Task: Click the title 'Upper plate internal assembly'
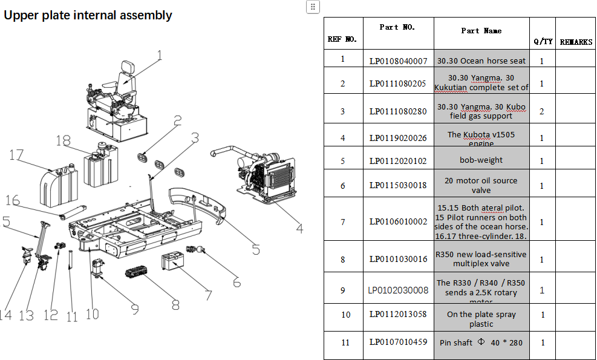pos(88,15)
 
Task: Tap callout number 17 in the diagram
pos(16,155)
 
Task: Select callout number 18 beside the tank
pos(63,140)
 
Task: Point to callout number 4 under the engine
pos(299,228)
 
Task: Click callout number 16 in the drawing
pos(12,200)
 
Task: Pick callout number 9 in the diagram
pos(134,309)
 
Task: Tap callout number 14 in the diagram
pos(5,315)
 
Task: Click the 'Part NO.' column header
pos(397,27)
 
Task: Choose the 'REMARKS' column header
pos(575,42)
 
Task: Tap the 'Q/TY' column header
pos(543,42)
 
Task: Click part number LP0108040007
pos(398,61)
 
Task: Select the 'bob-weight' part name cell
pos(481,160)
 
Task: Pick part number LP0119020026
pos(398,138)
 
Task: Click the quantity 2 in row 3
pos(542,111)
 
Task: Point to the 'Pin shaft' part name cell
pos(481,342)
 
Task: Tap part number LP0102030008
pos(398,290)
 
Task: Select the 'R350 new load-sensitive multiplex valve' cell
pos(481,259)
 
